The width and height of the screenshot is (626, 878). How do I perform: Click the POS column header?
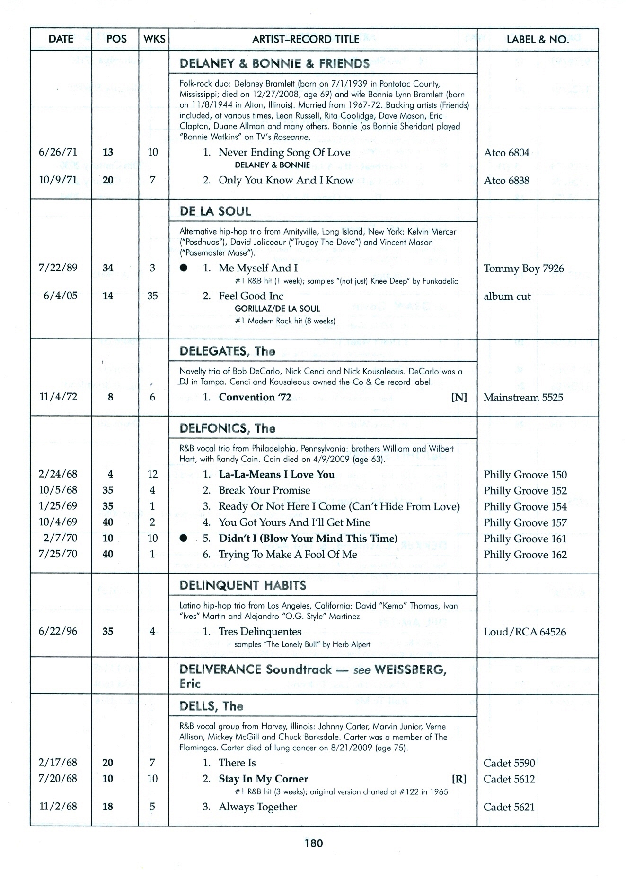tap(116, 39)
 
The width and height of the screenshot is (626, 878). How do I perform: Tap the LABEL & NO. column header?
tap(538, 40)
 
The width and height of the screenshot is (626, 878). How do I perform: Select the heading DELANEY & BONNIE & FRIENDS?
tap(274, 63)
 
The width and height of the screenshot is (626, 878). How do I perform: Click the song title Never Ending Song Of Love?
tap(284, 152)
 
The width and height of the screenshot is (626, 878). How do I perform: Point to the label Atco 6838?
tap(506, 180)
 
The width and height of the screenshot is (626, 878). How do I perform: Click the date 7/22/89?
tap(58, 268)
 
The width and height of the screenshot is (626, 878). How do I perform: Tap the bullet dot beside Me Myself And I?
tap(184, 268)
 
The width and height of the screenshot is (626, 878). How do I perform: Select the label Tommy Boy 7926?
tap(524, 269)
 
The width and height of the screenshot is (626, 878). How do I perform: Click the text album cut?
tap(507, 296)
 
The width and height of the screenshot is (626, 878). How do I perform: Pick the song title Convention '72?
tap(255, 397)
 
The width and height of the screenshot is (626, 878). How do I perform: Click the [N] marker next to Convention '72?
tap(459, 397)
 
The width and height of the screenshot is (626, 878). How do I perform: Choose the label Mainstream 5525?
tap(523, 397)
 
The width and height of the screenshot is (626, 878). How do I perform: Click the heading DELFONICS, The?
tap(227, 428)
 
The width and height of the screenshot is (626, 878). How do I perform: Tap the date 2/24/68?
tap(58, 474)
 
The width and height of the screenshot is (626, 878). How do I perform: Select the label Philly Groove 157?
tap(525, 522)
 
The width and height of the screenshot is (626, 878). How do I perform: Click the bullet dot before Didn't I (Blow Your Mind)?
tap(184, 539)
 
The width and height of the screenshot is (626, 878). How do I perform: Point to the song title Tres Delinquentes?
tap(260, 632)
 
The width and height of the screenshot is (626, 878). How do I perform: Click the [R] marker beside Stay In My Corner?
tap(459, 779)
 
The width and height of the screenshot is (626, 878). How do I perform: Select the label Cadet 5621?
tap(509, 807)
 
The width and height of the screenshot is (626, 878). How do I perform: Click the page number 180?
tap(313, 843)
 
